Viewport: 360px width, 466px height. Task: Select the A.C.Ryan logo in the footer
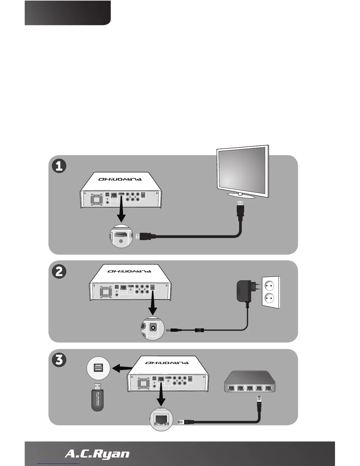coord(97,454)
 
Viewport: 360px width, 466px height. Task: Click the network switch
coord(250,382)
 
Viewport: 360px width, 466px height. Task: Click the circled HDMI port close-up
coord(121,236)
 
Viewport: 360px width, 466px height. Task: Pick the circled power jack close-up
coord(152,329)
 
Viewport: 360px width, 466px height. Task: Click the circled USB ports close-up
coord(99,368)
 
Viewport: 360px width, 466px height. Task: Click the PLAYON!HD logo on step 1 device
coord(120,179)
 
